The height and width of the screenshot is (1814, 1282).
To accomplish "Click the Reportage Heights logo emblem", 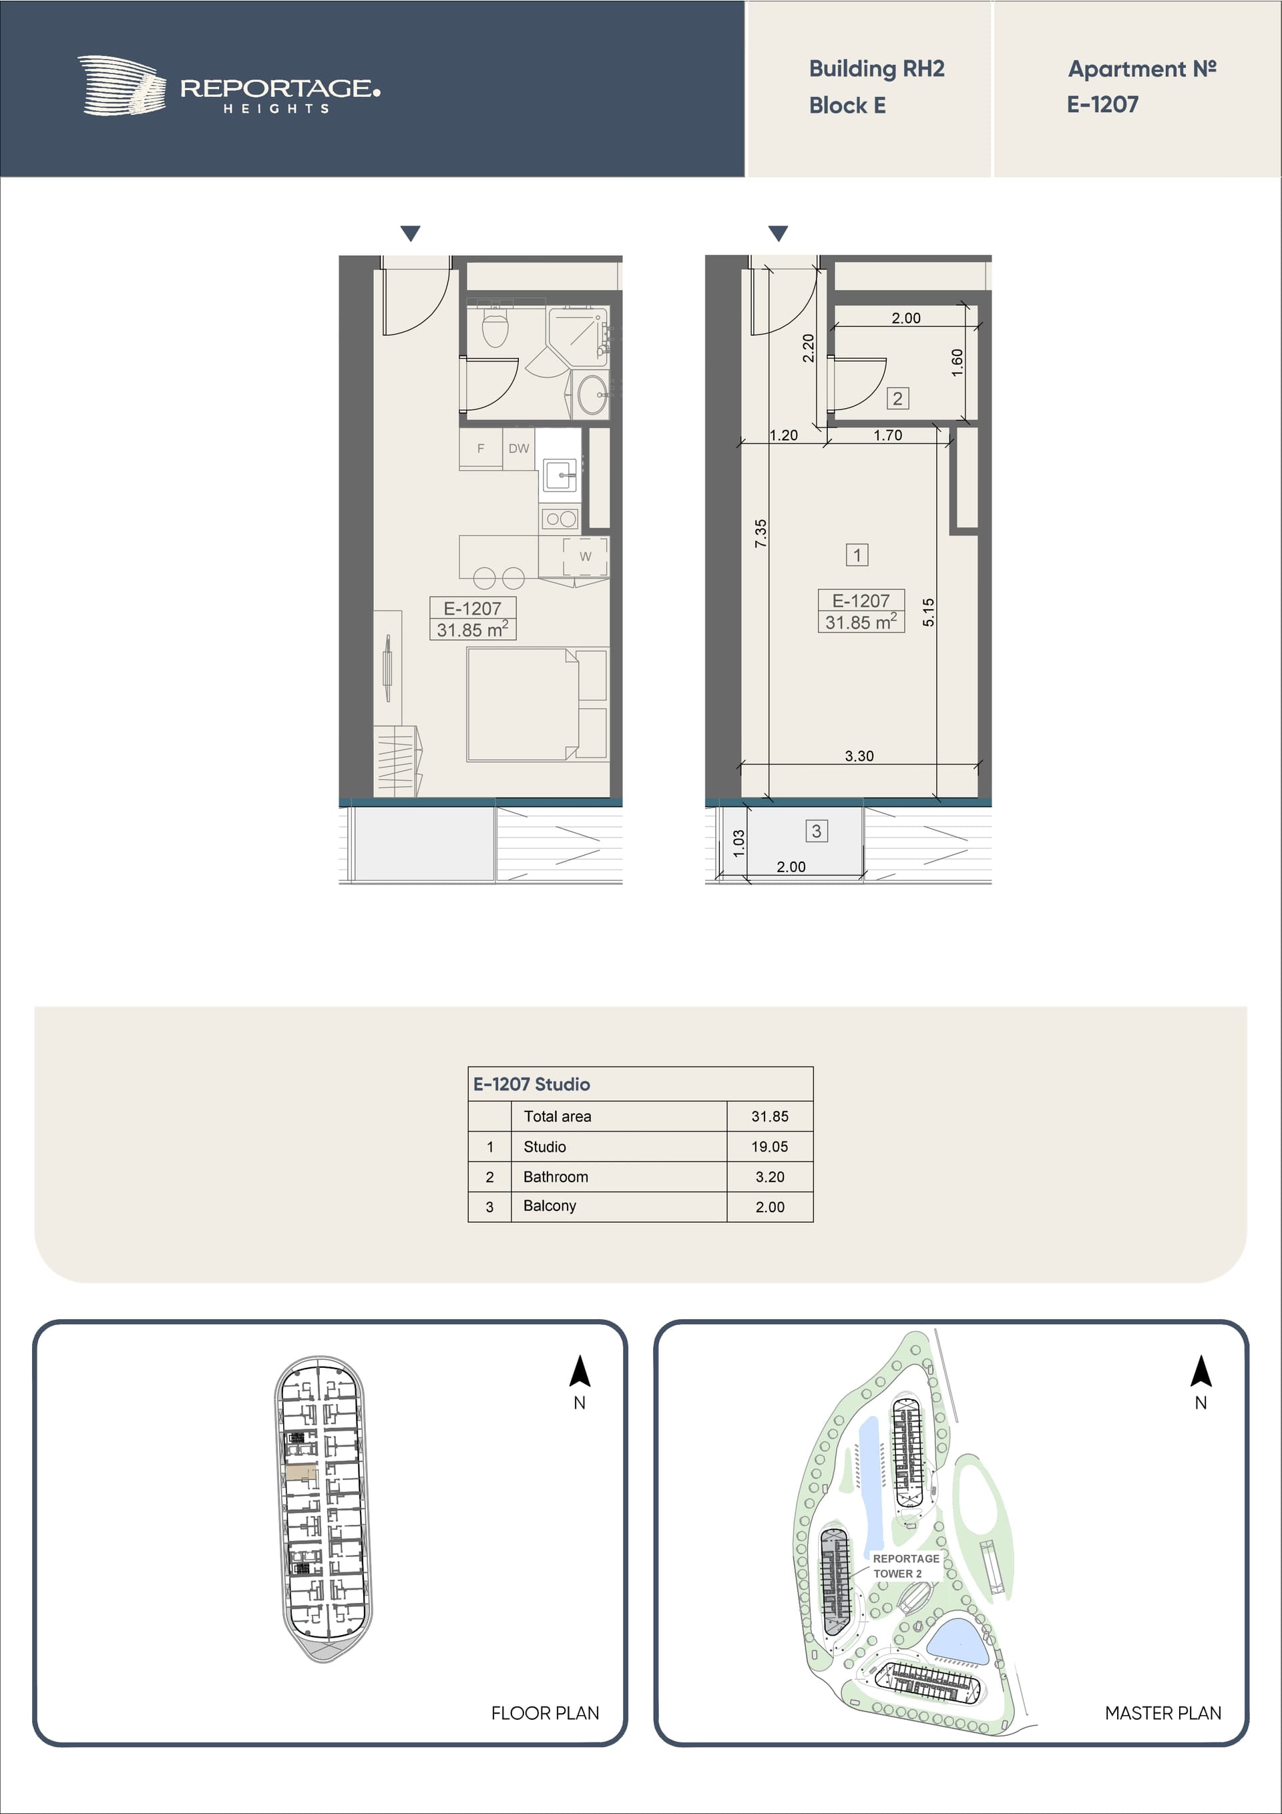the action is tap(122, 85).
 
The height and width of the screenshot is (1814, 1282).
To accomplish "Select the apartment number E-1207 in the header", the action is tap(1102, 104).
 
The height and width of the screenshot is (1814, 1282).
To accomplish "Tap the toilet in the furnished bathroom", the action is tap(495, 328).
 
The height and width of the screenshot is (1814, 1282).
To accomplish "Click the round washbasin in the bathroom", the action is tap(592, 393).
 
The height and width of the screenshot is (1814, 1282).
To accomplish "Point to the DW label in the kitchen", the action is tap(519, 449).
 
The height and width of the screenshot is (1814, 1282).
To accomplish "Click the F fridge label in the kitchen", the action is tap(480, 449).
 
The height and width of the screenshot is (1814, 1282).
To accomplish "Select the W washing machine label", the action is tap(586, 556).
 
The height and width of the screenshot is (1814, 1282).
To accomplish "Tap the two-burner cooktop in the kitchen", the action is tap(561, 519).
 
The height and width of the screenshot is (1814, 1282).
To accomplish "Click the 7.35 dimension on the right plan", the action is tap(761, 533).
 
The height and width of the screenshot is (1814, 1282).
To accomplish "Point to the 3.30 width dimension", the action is tap(859, 756).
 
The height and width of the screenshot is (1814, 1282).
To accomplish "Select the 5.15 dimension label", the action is tap(929, 612).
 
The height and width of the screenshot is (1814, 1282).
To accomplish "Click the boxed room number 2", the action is tap(897, 398).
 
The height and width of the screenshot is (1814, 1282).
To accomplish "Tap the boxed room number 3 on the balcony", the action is tap(817, 830).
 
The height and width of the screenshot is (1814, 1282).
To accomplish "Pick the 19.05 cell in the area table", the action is tap(769, 1146).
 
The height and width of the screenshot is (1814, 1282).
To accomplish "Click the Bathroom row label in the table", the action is tap(556, 1176).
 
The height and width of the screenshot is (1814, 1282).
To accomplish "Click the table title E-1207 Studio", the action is tap(531, 1084).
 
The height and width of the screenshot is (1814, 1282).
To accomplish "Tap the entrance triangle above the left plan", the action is tap(410, 233).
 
